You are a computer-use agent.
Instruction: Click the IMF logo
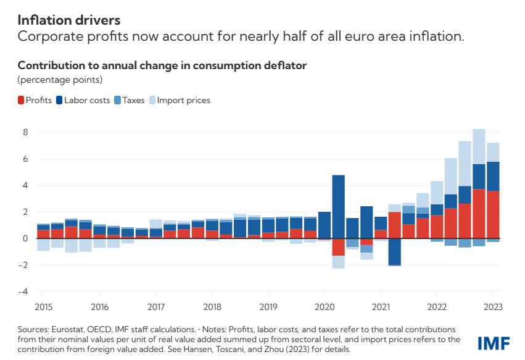click(x=494, y=343)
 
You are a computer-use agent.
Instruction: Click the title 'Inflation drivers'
click(x=68, y=21)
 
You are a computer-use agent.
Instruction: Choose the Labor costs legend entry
click(x=83, y=100)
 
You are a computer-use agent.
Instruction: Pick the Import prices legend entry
click(x=179, y=100)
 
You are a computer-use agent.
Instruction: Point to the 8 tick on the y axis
click(x=26, y=132)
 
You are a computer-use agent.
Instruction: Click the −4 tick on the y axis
click(x=25, y=291)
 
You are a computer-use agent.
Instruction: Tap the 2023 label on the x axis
click(x=493, y=307)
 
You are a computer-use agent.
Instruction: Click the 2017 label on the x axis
click(x=156, y=307)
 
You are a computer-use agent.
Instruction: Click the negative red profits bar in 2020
click(x=338, y=247)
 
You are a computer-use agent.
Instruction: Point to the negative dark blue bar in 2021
click(x=394, y=252)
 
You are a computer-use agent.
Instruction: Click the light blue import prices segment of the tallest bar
click(x=479, y=147)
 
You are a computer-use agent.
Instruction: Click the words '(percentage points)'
click(x=59, y=80)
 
